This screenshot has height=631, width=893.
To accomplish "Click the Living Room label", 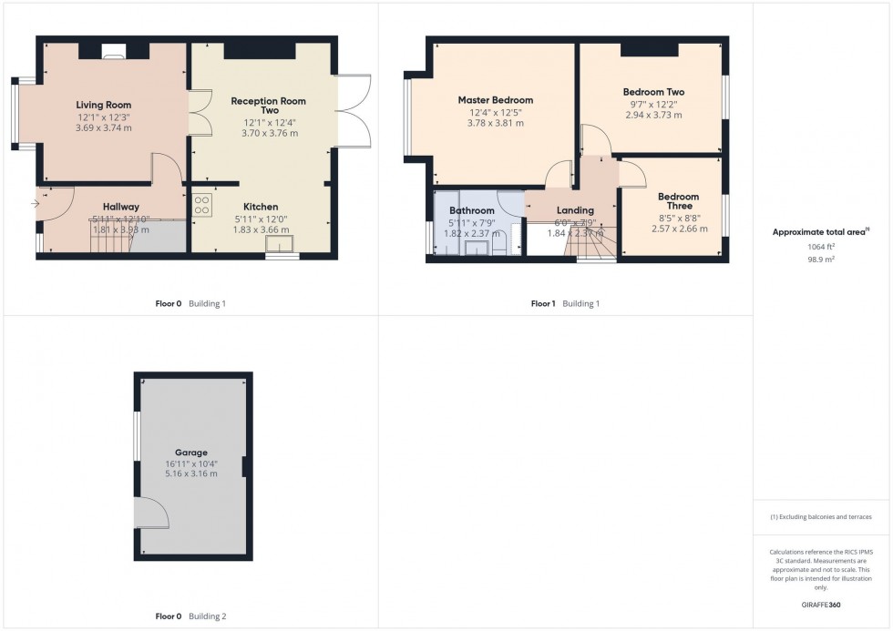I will (x=103, y=106).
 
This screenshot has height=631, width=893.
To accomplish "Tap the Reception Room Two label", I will (x=268, y=106).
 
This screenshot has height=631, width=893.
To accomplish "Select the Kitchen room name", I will (x=261, y=207).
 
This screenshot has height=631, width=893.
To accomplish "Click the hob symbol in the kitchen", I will (x=202, y=205).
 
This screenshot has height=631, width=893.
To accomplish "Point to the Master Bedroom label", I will (x=495, y=100).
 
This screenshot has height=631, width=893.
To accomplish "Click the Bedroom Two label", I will (x=653, y=92).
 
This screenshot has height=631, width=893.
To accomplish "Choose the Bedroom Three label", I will (x=678, y=201).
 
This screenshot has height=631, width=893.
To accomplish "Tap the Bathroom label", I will (x=471, y=210).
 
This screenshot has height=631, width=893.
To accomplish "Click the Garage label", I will (x=191, y=452).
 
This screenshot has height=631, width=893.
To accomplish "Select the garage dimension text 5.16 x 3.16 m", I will (x=191, y=473).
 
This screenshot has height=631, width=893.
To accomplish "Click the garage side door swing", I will (x=150, y=514).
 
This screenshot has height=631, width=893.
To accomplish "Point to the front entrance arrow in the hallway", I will (x=36, y=203).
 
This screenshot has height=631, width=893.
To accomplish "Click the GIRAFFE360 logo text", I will (x=820, y=604).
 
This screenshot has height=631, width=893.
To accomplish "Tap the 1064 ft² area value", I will (x=820, y=247).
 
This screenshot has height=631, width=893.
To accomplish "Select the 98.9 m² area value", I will (x=820, y=260).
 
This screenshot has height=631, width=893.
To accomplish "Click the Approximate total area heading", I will (x=819, y=232).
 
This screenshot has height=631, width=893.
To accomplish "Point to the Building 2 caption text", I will (x=207, y=616).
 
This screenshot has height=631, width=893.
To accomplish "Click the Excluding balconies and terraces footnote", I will (x=820, y=516).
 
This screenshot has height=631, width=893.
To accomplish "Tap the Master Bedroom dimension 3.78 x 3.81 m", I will (x=495, y=123).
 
